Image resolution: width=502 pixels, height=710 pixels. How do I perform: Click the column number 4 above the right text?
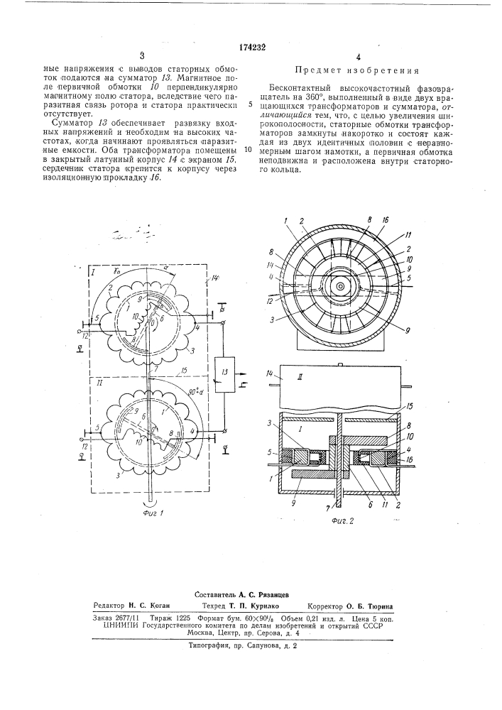click(x=359, y=56)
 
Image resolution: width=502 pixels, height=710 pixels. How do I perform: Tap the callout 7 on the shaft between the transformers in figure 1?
click(x=155, y=368)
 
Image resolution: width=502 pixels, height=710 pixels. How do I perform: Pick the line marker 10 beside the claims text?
click(x=248, y=150)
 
